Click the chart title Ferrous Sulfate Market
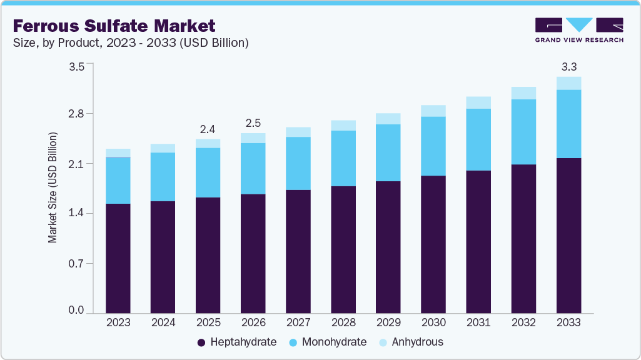[x=114, y=26]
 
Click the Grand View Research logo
[x=579, y=30]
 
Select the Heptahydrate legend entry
[x=237, y=342]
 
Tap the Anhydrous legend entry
[x=411, y=342]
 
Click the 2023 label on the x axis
[x=118, y=323]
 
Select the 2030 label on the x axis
[x=433, y=323]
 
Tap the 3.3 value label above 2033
[x=568, y=66]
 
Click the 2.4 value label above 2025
[x=208, y=129]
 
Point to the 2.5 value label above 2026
[x=253, y=123]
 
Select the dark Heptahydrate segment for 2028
[x=343, y=250]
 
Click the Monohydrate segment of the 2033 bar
[x=568, y=124]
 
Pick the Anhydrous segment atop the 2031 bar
[x=478, y=102]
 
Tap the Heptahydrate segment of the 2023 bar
[x=118, y=258]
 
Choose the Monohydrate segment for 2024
[x=163, y=177]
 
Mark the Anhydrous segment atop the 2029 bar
[x=388, y=119]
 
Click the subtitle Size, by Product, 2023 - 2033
[x=131, y=43]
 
